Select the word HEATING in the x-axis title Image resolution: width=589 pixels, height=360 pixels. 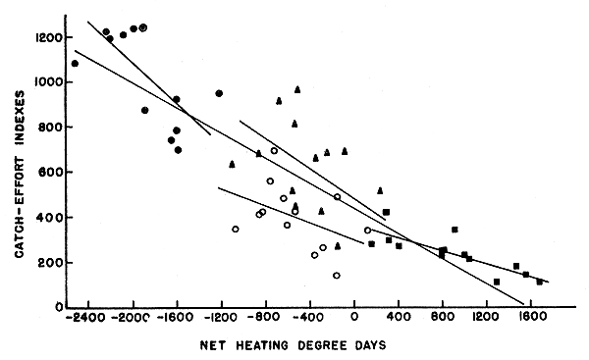pos(282,343)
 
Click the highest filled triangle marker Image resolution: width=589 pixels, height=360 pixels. pos(297,89)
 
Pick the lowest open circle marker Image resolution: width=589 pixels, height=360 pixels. pos(336,276)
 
